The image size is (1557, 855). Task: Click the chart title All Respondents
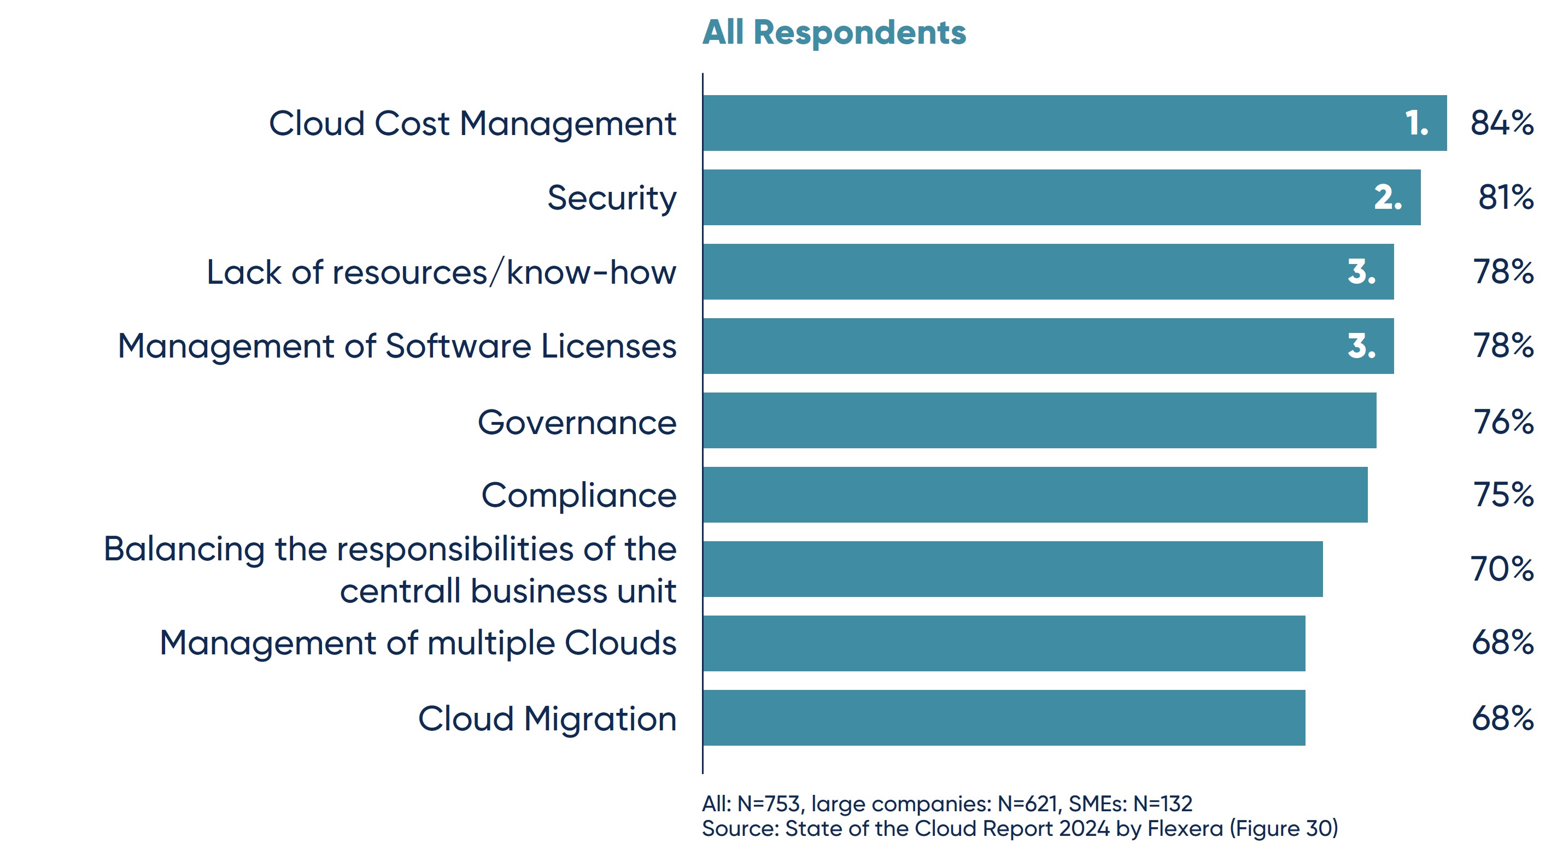click(x=834, y=32)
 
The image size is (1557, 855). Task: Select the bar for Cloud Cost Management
click(x=1074, y=122)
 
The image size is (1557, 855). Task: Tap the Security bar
click(x=1061, y=197)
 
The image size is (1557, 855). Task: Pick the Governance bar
click(x=1039, y=420)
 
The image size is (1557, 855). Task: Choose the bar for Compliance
click(x=1034, y=494)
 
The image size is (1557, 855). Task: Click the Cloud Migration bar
click(x=1003, y=718)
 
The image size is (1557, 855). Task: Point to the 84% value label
click(x=1501, y=122)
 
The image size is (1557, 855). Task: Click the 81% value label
click(x=1505, y=197)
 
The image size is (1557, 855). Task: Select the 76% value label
click(x=1503, y=421)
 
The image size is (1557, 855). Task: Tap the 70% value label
click(x=1501, y=569)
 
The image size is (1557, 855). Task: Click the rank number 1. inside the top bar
click(x=1416, y=123)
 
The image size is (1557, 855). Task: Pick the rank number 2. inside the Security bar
click(x=1387, y=197)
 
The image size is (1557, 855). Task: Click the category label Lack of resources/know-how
click(x=441, y=272)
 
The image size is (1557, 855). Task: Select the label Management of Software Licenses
click(x=397, y=346)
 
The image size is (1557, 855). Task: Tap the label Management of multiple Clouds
click(x=418, y=642)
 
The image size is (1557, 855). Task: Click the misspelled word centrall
click(x=400, y=590)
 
